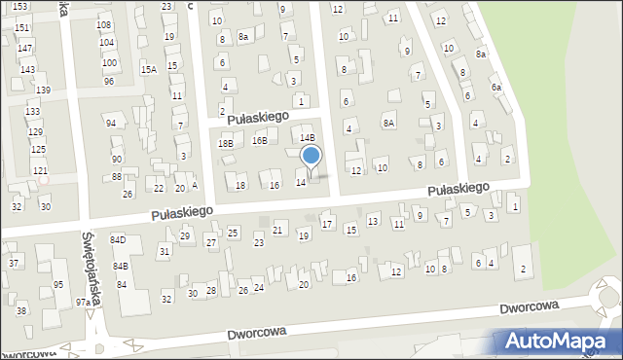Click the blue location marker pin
click(x=311, y=157)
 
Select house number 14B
click(x=307, y=138)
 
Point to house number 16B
click(x=259, y=140)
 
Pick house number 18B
click(x=226, y=143)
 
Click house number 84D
click(x=118, y=239)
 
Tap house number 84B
click(x=120, y=266)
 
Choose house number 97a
click(x=84, y=303)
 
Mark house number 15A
click(x=148, y=69)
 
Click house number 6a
click(x=496, y=88)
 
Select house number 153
click(x=19, y=6)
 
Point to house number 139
click(x=43, y=90)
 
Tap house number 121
click(x=40, y=170)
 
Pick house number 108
click(x=104, y=24)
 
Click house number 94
click(x=111, y=123)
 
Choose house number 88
click(x=117, y=176)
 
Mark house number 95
click(x=58, y=284)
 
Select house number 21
click(x=277, y=230)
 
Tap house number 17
click(x=327, y=225)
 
